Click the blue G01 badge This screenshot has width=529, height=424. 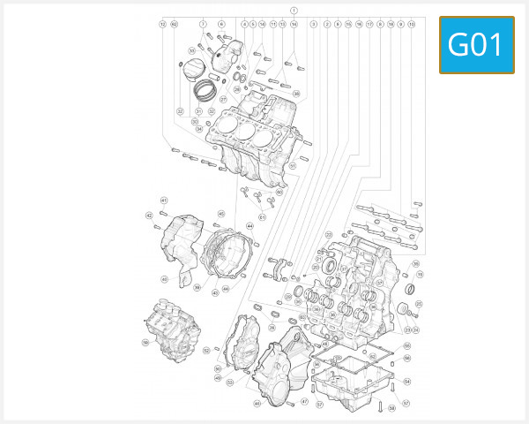pos(476,44)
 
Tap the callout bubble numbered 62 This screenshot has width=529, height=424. pos(174,23)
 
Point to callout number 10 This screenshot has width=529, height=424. pos(412,23)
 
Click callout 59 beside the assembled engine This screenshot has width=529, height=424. pos(145,342)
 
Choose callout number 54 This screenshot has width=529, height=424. pos(407,382)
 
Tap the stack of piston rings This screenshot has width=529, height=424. pos(205,87)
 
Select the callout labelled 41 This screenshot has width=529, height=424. pos(163,201)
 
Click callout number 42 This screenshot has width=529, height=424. pos(148,215)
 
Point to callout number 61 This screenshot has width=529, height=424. pos(262,217)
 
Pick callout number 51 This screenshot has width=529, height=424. pos(292,165)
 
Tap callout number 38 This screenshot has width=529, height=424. pos(295,94)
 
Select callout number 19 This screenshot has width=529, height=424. pos(420,276)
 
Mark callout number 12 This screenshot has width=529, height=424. pos(162,23)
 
